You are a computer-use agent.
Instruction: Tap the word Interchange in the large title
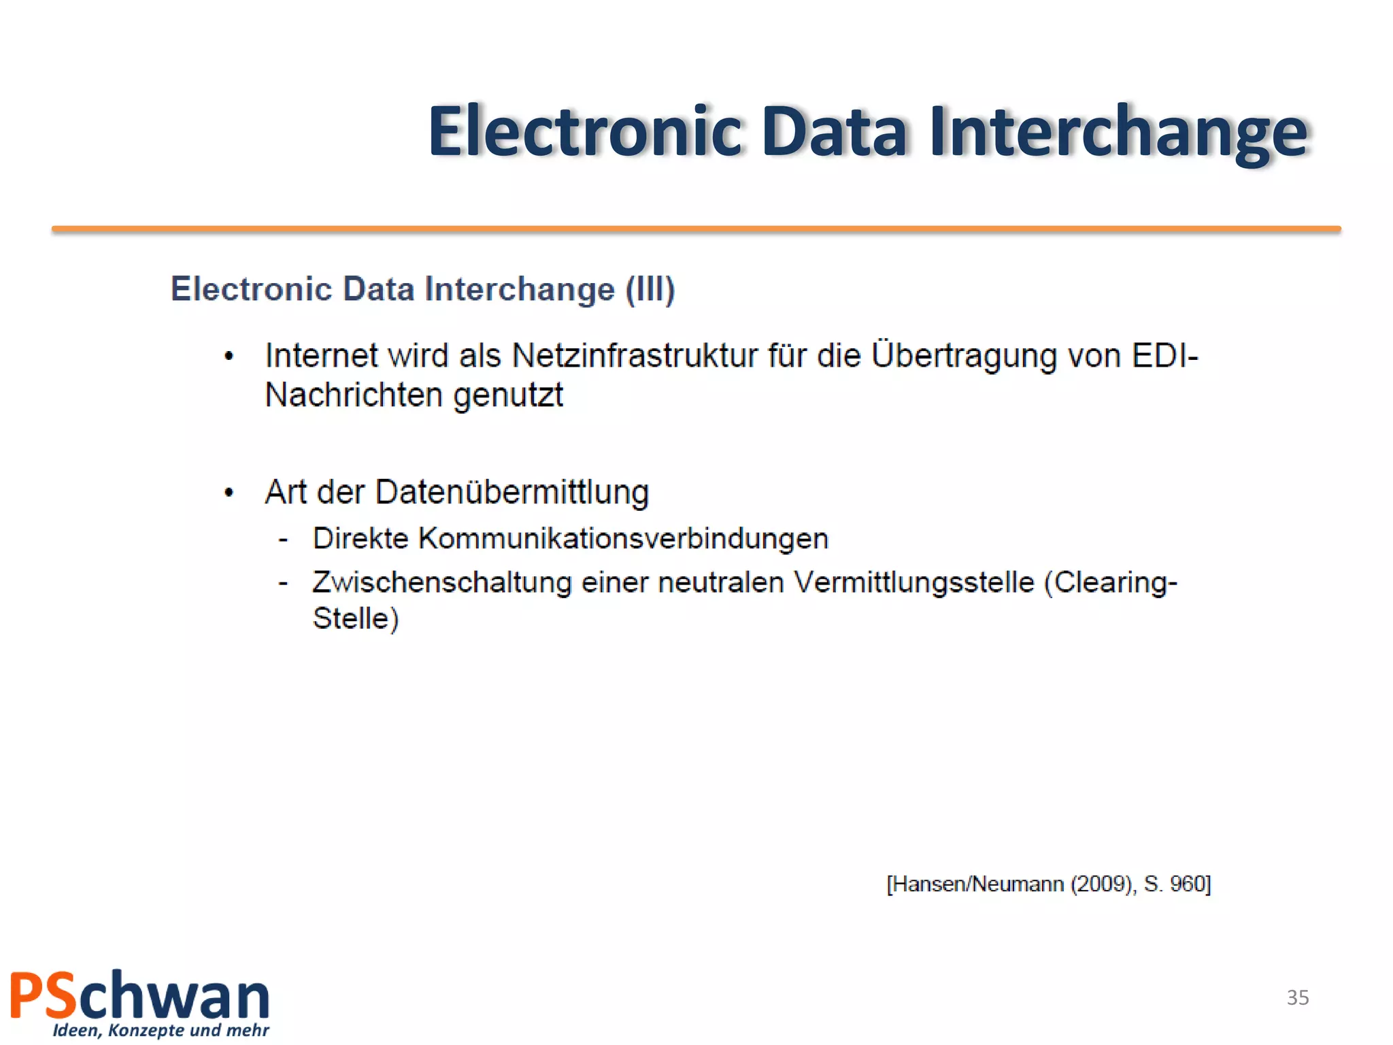point(1118,131)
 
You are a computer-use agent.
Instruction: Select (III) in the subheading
point(650,289)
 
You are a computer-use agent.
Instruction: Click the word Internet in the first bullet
point(321,356)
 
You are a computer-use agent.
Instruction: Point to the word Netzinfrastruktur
point(635,356)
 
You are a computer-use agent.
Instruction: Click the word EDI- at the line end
point(1164,356)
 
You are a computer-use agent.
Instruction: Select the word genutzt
point(508,395)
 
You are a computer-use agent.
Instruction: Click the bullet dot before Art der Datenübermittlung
point(229,492)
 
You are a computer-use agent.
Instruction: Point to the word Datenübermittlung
point(511,492)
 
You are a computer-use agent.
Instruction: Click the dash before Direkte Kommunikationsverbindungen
point(284,540)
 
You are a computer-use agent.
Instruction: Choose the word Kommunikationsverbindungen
point(623,539)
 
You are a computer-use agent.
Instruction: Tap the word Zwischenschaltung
point(442,583)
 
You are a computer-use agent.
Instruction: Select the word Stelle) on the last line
point(355,618)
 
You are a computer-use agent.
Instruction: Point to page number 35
point(1297,997)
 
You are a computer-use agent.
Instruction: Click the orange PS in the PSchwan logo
point(43,995)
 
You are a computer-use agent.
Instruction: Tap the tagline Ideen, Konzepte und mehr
point(161,1030)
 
